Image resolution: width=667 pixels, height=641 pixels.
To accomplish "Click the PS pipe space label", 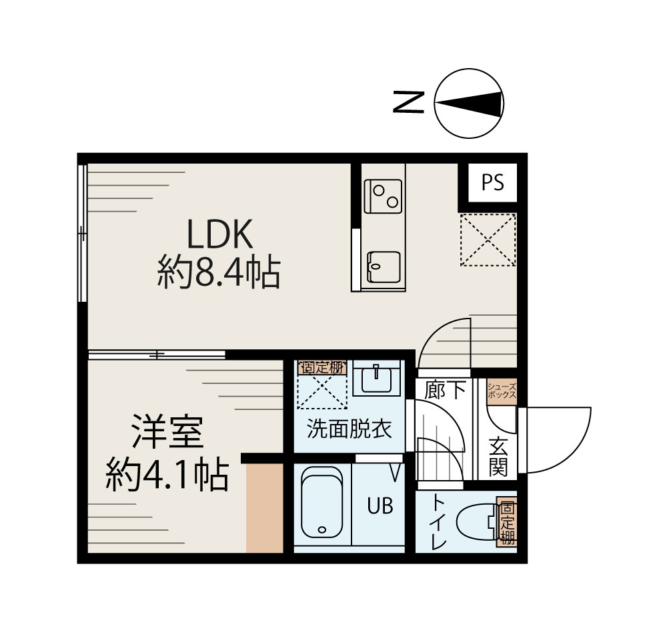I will pos(493,183).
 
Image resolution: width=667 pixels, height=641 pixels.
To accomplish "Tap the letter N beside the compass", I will pos(408,102).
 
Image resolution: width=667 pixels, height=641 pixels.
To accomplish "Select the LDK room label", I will pos(218,236).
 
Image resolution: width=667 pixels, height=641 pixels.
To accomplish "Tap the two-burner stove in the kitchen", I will pos(383,196).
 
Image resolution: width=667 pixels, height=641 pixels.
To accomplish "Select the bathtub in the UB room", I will pos(321,503).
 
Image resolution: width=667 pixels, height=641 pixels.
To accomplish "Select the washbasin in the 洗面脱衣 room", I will pos(378,379).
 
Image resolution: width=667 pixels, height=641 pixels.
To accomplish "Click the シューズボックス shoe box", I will pos(501,391).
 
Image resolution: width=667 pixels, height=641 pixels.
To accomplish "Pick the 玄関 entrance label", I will pos(498,457).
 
